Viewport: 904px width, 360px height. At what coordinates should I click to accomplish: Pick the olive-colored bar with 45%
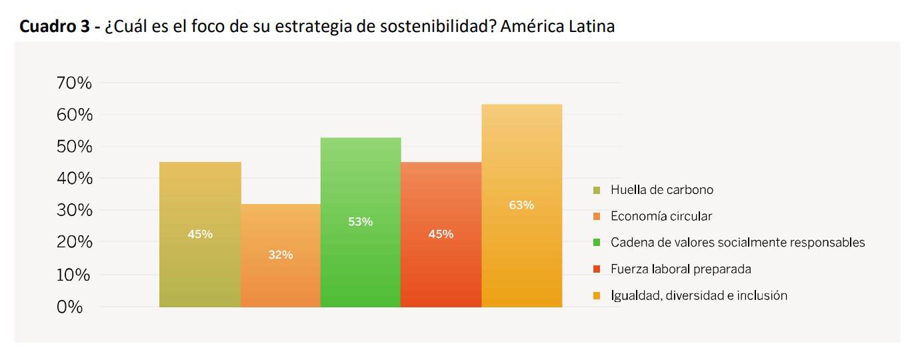[200, 267]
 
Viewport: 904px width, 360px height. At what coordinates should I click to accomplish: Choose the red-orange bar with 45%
[441, 267]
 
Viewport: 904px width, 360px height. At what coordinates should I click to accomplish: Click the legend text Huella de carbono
[661, 190]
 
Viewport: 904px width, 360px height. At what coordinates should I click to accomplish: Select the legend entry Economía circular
[661, 217]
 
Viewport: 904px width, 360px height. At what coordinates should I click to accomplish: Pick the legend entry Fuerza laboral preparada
[681, 269]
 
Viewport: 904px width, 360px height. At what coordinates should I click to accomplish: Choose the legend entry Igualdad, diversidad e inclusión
[699, 295]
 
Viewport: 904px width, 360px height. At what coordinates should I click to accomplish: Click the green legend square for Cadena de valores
[597, 243]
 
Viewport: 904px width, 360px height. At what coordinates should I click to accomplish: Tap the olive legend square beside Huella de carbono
[597, 190]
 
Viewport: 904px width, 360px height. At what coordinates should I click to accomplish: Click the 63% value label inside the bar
[521, 205]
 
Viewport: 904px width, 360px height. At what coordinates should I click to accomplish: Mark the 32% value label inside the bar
[280, 255]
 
